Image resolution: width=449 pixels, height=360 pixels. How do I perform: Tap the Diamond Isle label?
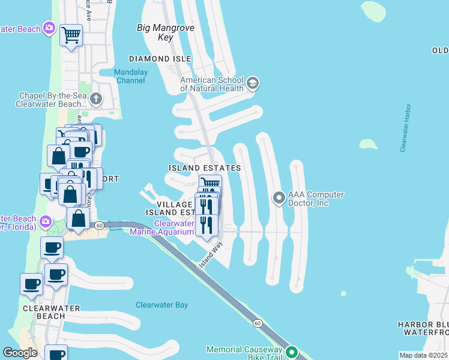click(x=161, y=59)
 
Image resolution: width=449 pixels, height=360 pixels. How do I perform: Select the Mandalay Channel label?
click(x=130, y=76)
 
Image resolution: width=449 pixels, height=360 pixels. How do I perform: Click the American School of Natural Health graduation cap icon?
click(x=252, y=83)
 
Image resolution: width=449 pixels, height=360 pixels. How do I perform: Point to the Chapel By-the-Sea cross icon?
click(x=85, y=112)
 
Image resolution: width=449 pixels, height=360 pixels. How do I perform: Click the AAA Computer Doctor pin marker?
click(x=279, y=197)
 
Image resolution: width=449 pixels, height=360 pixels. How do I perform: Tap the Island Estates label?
click(x=205, y=168)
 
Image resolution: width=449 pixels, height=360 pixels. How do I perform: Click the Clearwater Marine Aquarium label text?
click(x=174, y=228)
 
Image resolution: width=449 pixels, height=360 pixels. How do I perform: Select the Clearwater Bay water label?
click(x=161, y=305)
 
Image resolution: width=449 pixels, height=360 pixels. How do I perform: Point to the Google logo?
click(x=20, y=353)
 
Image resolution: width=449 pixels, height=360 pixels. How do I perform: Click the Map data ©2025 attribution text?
click(x=423, y=355)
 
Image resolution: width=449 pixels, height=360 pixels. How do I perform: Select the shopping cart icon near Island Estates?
click(x=209, y=183)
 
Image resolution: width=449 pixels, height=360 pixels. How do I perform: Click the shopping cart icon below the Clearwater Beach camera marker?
click(x=71, y=35)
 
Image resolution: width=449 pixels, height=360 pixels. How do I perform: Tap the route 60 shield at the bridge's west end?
click(x=98, y=225)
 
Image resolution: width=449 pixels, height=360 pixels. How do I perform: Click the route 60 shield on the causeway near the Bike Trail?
click(x=257, y=323)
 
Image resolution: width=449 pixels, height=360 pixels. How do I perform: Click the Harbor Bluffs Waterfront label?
click(x=423, y=328)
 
